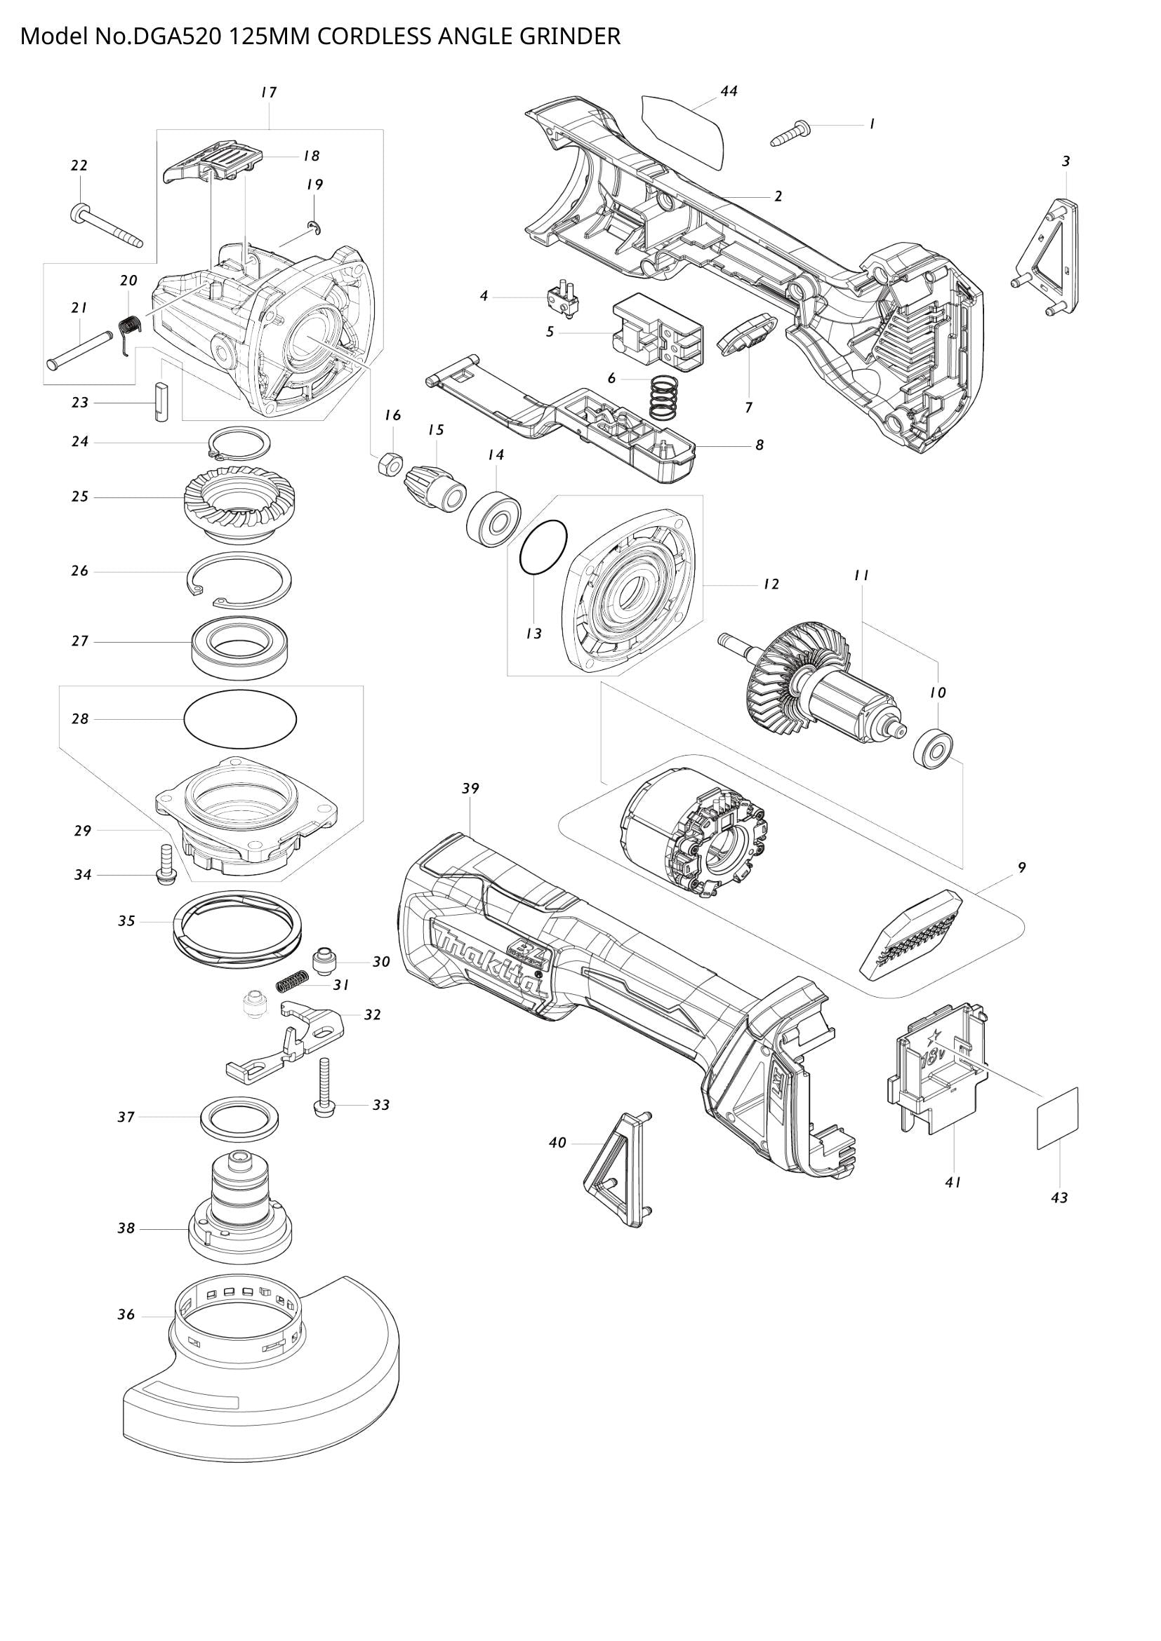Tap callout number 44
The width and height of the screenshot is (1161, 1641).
click(729, 91)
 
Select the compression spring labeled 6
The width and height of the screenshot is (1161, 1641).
click(665, 398)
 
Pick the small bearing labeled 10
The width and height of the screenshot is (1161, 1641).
click(934, 749)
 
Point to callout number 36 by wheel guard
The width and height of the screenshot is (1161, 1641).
click(126, 1314)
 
